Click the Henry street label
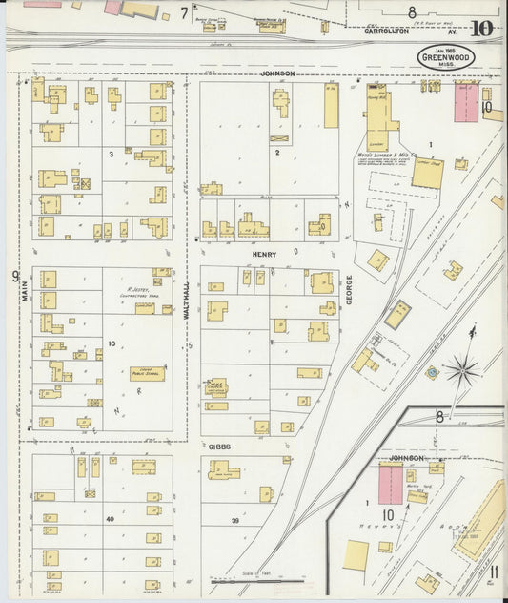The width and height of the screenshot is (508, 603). (x=264, y=256)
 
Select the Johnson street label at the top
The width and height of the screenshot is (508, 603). (x=279, y=73)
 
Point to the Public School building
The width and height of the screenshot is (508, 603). (x=147, y=373)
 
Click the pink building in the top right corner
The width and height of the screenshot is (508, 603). (x=466, y=102)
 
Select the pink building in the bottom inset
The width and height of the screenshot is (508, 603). (x=391, y=485)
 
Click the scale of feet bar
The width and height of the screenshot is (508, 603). (x=259, y=578)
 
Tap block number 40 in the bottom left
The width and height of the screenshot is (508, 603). (x=111, y=519)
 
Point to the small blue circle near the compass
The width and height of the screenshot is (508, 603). (x=432, y=372)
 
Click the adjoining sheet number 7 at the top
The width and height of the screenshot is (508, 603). (x=184, y=13)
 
